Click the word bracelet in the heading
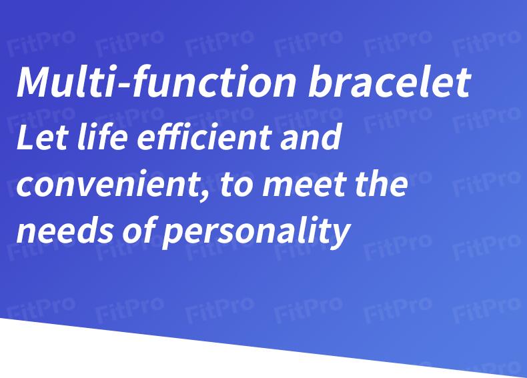[x=389, y=81]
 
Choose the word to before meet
[x=236, y=185]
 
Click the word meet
[x=304, y=185]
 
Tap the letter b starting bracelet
[x=320, y=81]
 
